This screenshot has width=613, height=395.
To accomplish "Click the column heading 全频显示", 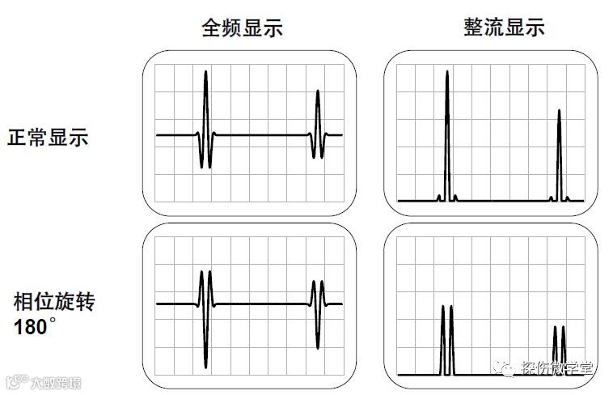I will coord(243,29).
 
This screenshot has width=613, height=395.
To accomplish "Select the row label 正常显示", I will coord(48,137).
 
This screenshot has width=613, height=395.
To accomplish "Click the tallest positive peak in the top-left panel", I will coord(206,74).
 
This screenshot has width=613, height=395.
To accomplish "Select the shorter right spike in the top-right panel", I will coord(559,113).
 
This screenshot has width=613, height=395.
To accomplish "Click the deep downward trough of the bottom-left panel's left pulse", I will coord(206,360).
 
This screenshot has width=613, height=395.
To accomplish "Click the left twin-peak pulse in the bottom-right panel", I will coord(446,340).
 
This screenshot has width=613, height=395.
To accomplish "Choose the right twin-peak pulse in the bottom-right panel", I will coord(559,350).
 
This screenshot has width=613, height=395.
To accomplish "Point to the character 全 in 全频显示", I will coord(211,29).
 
